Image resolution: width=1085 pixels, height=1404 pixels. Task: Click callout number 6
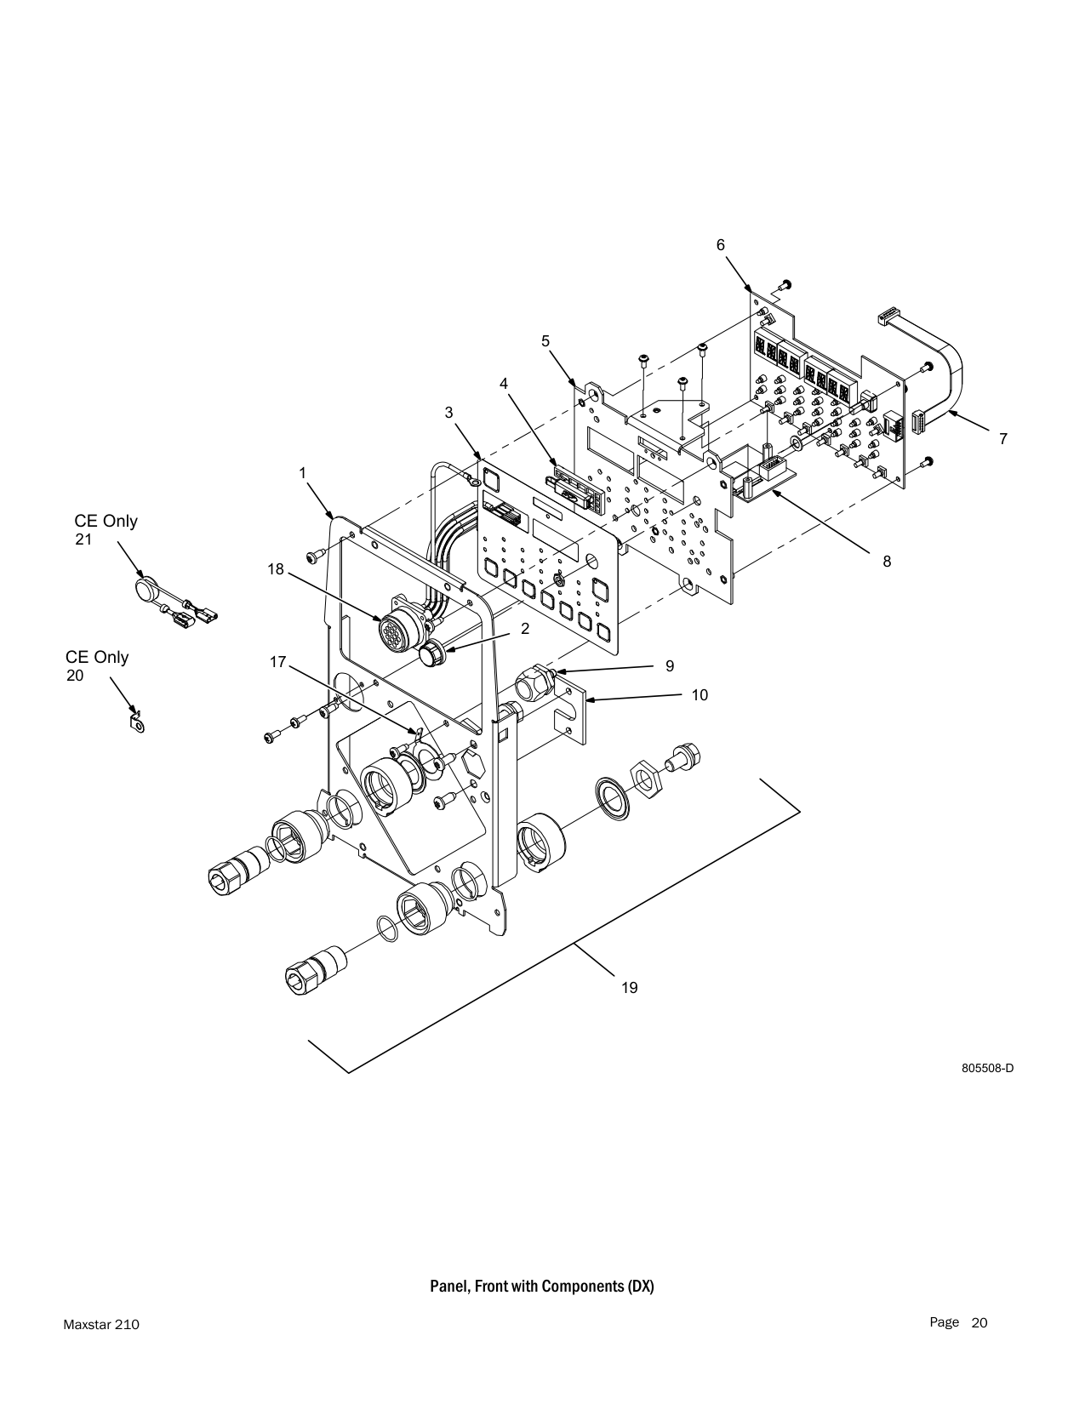721,245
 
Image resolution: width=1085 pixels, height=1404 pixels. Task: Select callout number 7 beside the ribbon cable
1003,439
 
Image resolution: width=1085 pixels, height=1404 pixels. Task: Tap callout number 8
887,562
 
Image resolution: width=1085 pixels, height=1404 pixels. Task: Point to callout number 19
630,987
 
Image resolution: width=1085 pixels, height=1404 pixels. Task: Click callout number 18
276,569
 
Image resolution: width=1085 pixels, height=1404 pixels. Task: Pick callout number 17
278,662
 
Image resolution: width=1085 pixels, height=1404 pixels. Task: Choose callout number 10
700,695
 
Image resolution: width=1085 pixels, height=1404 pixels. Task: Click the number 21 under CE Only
83,539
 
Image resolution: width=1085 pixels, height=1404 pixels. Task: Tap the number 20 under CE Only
75,676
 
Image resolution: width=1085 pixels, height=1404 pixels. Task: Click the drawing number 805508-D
987,1068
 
